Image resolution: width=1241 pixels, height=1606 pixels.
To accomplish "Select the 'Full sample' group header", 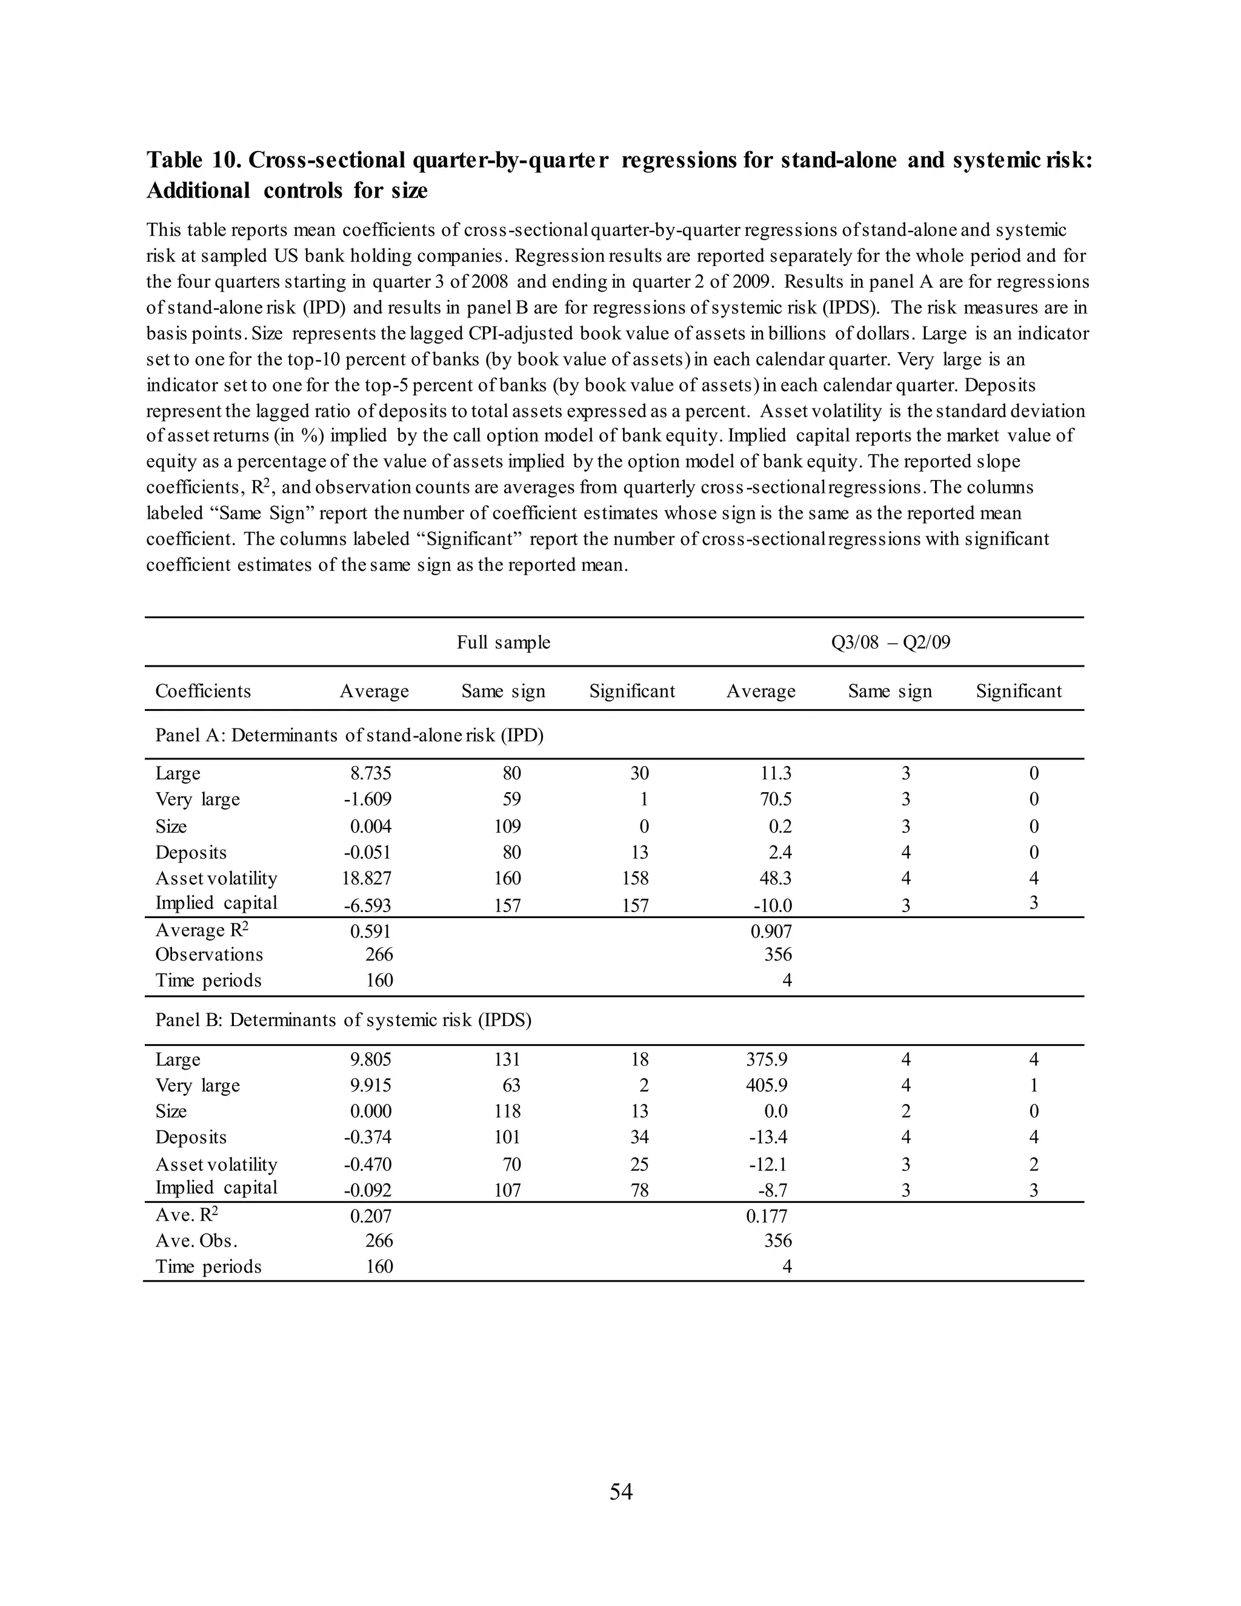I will click(503, 642).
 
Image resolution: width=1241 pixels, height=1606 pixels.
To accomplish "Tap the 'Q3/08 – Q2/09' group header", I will click(890, 642).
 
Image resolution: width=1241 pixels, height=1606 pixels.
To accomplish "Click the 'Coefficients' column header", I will click(203, 691).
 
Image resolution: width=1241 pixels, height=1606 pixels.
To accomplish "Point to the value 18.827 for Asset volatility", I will click(368, 879).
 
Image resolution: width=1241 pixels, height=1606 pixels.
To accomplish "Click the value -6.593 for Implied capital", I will click(368, 906).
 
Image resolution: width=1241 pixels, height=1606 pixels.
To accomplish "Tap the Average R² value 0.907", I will click(771, 931).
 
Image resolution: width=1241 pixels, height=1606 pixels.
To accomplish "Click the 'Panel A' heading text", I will click(349, 735).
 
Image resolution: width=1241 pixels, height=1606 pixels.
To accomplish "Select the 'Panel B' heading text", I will click(344, 1021).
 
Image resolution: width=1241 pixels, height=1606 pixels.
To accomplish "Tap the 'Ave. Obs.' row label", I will click(196, 1241).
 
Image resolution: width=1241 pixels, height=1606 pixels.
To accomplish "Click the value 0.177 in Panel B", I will click(766, 1216).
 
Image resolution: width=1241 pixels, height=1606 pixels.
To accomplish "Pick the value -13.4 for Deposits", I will click(768, 1138).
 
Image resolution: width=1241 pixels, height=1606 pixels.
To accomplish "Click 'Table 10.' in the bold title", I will click(194, 159).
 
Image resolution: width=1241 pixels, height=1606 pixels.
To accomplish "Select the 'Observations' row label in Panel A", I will click(209, 955).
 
